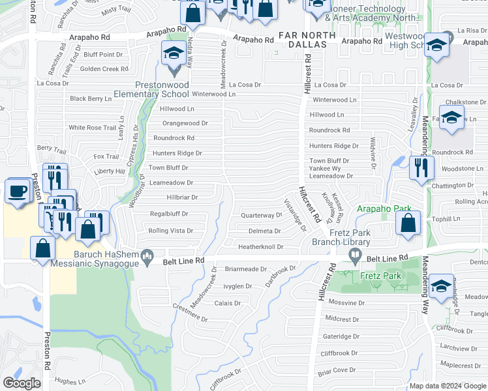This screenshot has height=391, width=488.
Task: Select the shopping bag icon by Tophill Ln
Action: pyautogui.click(x=408, y=224)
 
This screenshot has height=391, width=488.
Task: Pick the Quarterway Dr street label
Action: pyautogui.click(x=261, y=214)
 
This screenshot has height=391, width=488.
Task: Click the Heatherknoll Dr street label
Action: pyautogui.click(x=260, y=247)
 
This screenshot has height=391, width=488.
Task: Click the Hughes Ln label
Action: pyautogui.click(x=70, y=382)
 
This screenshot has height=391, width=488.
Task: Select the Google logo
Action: pyautogui.click(x=22, y=383)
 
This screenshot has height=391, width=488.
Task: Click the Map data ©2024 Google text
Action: pyautogui.click(x=448, y=386)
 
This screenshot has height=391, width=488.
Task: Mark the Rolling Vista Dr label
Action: pyautogui.click(x=171, y=231)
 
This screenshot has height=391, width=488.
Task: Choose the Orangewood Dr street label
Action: pyautogui.click(x=185, y=123)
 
